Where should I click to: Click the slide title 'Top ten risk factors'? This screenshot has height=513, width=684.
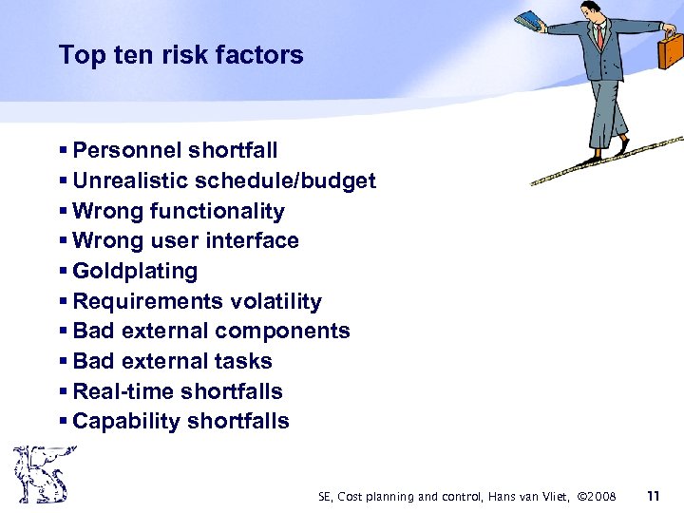point(180,55)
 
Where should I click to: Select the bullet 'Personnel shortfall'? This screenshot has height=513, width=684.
point(175,150)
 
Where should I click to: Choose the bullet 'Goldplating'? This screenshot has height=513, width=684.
point(135,272)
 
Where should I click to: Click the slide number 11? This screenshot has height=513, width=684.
point(653,495)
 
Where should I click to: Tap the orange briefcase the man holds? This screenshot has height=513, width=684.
point(671,50)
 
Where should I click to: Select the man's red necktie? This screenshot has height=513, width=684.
point(600,38)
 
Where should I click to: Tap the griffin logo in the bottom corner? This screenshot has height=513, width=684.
point(40,475)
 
